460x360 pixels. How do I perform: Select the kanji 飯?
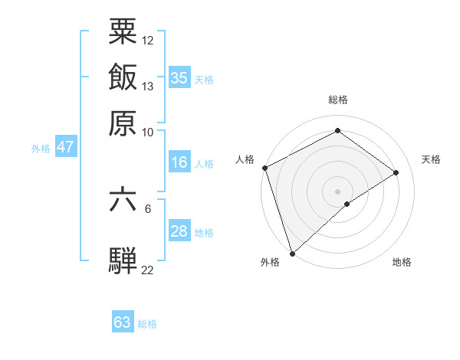tap(123, 77)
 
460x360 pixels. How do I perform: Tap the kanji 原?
tap(123, 122)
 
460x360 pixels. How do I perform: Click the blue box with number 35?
tap(179, 77)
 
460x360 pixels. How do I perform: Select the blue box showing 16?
tap(179, 162)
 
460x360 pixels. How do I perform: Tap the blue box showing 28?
tap(179, 231)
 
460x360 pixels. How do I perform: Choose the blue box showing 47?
tap(65, 148)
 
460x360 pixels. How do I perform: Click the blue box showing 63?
tap(123, 322)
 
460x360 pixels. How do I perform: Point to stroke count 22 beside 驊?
tap(147, 270)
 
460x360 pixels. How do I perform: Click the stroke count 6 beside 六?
tap(148, 208)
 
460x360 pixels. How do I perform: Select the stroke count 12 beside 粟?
tap(148, 40)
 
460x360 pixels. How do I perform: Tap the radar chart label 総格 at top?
tap(337, 100)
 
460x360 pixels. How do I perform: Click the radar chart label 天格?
tap(431, 159)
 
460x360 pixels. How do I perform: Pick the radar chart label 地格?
tap(402, 263)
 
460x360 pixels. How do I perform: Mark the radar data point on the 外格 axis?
tap(292, 252)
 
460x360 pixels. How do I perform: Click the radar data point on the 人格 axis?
tap(264, 168)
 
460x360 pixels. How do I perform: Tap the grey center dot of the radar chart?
tap(337, 191)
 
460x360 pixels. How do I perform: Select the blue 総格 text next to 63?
tap(147, 324)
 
